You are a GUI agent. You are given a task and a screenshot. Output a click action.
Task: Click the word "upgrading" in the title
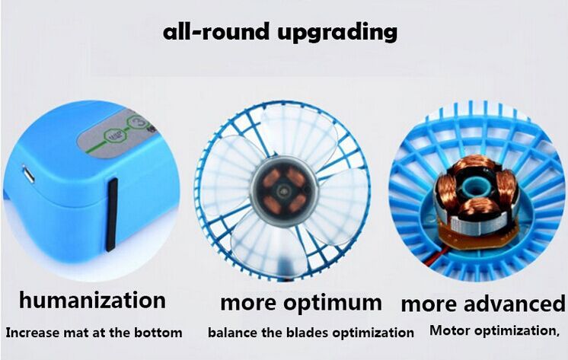(x=337, y=33)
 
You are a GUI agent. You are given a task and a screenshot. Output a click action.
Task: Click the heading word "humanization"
(x=92, y=300)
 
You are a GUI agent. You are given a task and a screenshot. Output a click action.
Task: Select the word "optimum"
(x=333, y=304)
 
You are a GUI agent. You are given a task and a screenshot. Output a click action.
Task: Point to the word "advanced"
(x=515, y=304)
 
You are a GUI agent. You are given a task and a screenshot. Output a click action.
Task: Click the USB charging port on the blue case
(x=28, y=174)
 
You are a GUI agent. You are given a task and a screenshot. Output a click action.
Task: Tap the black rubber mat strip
(x=112, y=215)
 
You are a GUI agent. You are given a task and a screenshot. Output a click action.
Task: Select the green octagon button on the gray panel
(x=115, y=136)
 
